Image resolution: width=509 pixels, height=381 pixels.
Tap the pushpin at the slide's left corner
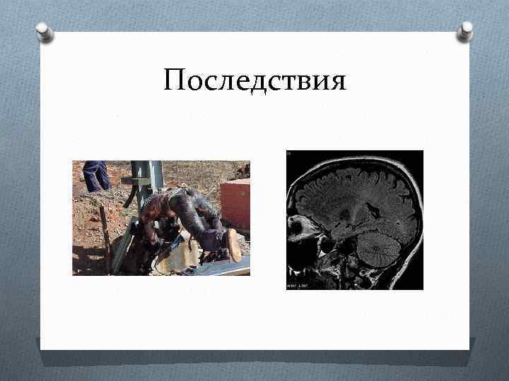[44, 32]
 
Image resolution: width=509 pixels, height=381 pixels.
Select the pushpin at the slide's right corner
[464, 30]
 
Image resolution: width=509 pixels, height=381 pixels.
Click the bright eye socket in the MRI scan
[298, 228]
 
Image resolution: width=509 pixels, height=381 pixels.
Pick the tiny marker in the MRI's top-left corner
[289, 153]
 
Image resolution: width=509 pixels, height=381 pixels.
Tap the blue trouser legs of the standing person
[95, 175]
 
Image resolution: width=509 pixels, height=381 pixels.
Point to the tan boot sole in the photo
[233, 245]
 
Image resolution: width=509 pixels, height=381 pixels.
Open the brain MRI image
[355, 219]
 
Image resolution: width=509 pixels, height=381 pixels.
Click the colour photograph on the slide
[160, 217]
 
